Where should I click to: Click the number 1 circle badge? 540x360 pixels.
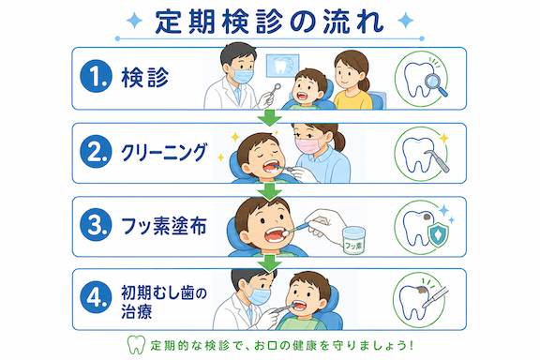click(96, 77)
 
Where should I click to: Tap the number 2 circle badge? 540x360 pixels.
click(96, 151)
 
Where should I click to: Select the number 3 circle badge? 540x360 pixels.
click(96, 225)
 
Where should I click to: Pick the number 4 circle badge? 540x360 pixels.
click(96, 297)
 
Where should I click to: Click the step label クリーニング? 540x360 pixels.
click(164, 152)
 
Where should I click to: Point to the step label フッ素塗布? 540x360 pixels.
click(164, 226)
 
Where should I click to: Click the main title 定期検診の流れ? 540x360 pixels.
click(269, 22)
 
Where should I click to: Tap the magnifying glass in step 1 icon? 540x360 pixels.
click(436, 84)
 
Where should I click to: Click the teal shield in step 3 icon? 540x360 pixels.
click(438, 234)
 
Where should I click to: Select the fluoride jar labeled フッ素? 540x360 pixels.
click(353, 240)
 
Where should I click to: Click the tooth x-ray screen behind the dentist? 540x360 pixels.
click(282, 65)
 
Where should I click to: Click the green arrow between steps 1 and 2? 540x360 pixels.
click(270, 117)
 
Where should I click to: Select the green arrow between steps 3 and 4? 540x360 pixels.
click(270, 262)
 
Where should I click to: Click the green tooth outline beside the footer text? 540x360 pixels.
click(136, 345)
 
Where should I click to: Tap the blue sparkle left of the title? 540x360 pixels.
click(134, 21)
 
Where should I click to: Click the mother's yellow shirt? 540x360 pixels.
click(352, 100)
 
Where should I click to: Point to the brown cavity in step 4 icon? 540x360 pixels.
click(421, 290)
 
